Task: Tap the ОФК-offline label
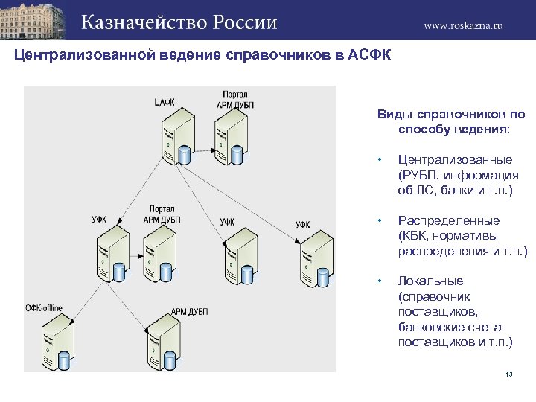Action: [x=44, y=307]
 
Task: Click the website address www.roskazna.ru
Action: [x=463, y=25]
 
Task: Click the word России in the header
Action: [x=246, y=22]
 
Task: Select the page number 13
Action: [x=509, y=374]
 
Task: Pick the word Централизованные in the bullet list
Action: [x=455, y=159]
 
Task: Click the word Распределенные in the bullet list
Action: [x=449, y=220]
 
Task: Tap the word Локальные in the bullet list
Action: [x=430, y=281]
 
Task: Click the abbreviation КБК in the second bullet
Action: [x=417, y=236]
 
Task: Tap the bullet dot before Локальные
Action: [x=380, y=281]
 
